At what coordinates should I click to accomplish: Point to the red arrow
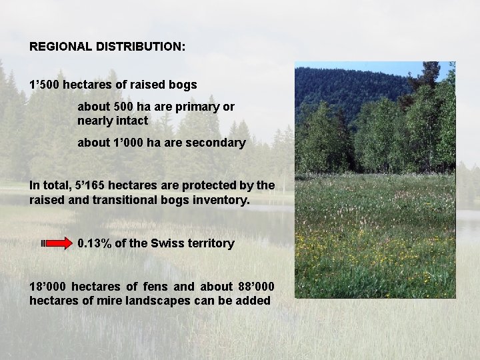tap(57, 243)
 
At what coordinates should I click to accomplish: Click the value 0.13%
tap(95, 243)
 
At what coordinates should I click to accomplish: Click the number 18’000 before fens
tap(47, 287)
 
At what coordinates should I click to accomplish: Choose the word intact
tap(132, 121)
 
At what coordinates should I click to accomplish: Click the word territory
tap(211, 243)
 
